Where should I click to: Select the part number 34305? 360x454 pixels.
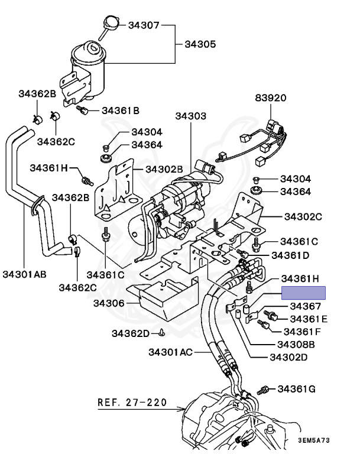(200, 44)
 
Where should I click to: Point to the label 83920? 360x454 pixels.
(271, 98)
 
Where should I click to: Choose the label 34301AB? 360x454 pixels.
(24, 274)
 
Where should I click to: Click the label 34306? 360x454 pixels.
(108, 303)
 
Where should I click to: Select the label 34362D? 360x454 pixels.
(131, 333)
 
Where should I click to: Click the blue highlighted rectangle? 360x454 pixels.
(303, 293)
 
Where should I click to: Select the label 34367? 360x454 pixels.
(306, 306)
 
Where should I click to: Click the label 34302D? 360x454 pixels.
(289, 357)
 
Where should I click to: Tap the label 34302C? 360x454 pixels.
(301, 217)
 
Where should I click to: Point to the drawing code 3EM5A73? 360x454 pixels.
(313, 441)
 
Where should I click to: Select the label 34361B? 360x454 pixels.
(121, 110)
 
